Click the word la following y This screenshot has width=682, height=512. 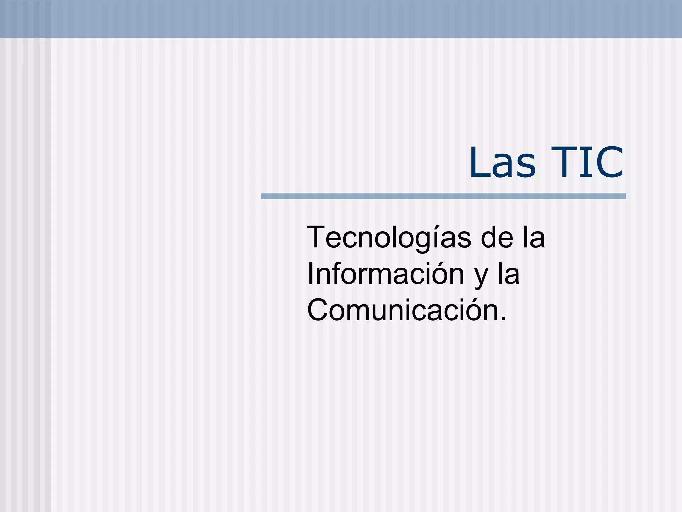tap(509, 274)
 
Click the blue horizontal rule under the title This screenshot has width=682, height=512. tap(444, 196)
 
